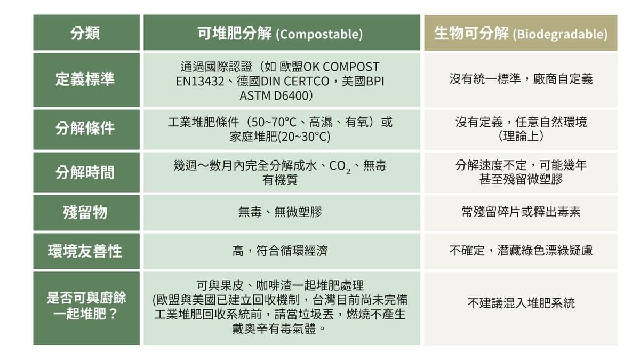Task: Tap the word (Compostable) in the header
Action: tap(319, 35)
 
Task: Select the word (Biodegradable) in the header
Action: tap(560, 35)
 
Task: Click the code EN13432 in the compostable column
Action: tap(200, 82)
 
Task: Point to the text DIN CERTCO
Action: tap(295, 82)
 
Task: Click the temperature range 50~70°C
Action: tap(271, 123)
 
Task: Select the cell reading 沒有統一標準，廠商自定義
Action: tap(521, 79)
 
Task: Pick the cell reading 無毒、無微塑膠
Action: tap(280, 212)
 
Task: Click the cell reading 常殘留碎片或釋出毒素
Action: tap(521, 212)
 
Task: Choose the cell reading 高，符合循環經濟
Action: tap(280, 251)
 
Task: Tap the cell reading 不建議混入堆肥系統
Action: tap(521, 303)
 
